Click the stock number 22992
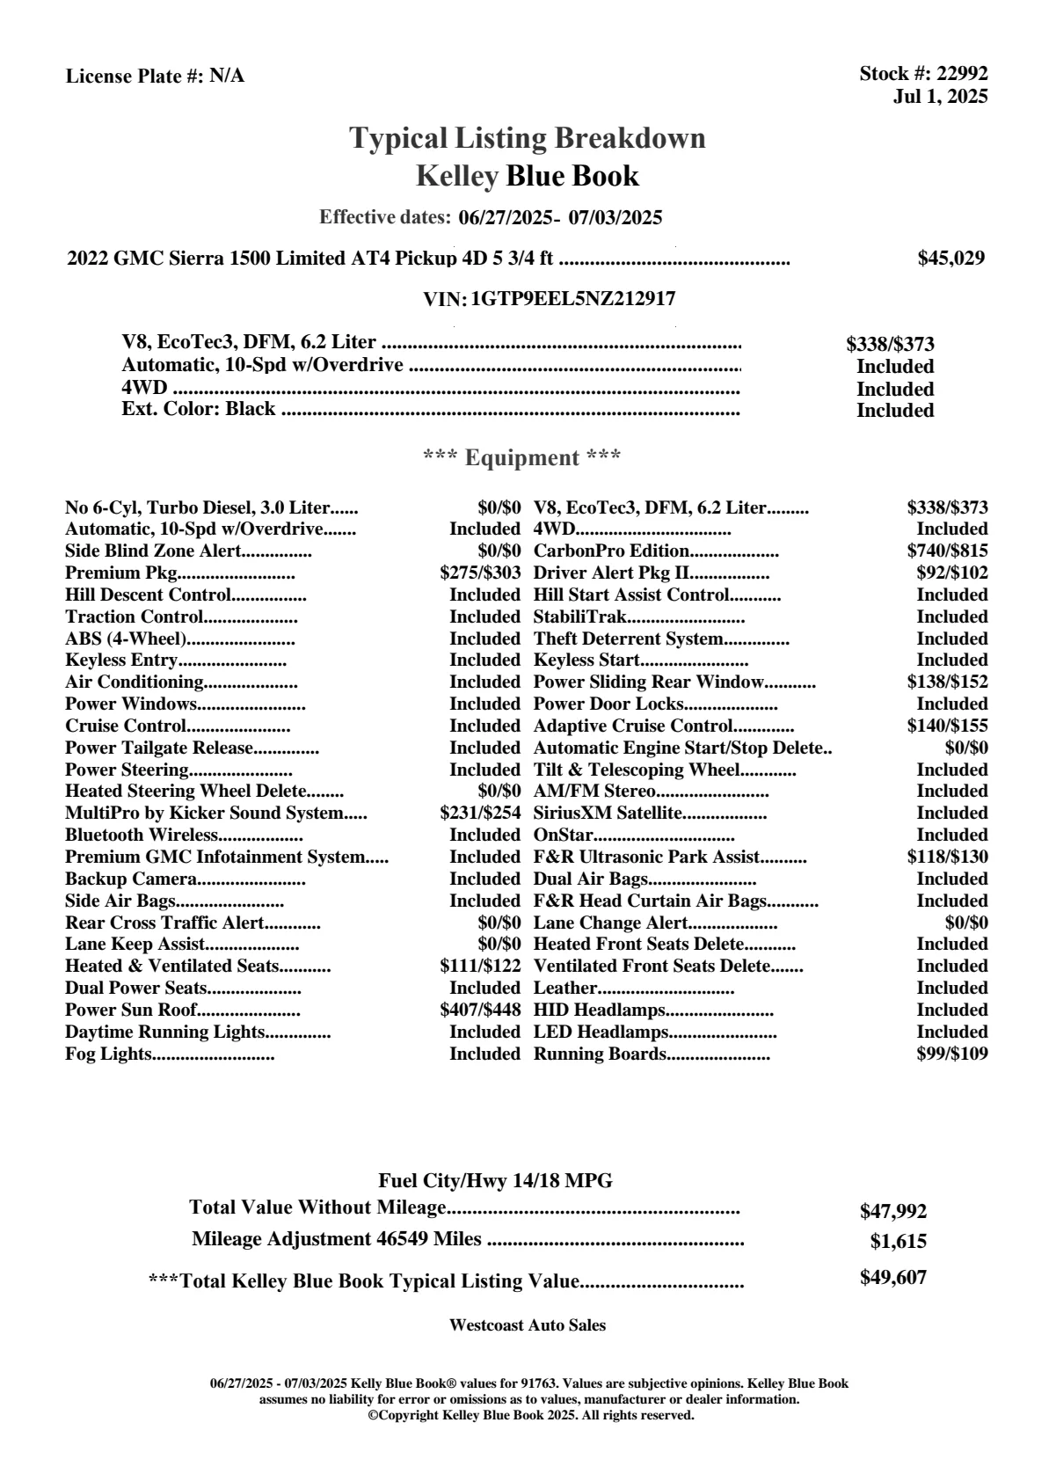962,74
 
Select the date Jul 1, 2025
940,97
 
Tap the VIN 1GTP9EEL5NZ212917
573,299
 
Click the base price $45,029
951,259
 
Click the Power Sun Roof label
131,1010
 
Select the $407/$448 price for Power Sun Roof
480,1010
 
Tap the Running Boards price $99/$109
952,1054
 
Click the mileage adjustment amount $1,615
899,1242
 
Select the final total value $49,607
893,1278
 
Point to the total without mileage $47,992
893,1212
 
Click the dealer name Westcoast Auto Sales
528,1325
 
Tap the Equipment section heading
522,458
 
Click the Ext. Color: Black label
199,410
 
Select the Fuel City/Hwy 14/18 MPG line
496,1181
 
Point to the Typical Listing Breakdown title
528,139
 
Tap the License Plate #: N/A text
156,77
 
